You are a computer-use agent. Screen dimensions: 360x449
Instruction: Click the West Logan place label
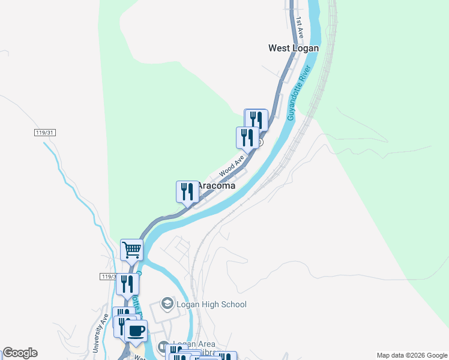(293, 48)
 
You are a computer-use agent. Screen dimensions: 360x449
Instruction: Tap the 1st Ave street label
(299, 29)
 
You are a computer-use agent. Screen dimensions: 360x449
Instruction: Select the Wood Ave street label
(232, 166)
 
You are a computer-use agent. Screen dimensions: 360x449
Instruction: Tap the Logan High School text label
(211, 304)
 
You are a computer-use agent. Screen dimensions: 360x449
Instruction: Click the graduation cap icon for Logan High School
(167, 304)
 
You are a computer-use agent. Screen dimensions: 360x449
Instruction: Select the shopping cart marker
(131, 249)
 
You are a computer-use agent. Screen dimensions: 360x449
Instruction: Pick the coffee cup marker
(136, 329)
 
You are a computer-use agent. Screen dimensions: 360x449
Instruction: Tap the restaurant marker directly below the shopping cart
(127, 283)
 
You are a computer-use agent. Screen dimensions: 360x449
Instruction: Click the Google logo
(20, 353)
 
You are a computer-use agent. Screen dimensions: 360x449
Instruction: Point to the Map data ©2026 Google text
(412, 355)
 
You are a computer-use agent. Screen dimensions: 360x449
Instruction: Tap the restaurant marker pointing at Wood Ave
(247, 137)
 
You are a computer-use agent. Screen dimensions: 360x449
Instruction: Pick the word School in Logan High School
(233, 304)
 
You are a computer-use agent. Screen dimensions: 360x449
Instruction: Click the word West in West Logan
(280, 48)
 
